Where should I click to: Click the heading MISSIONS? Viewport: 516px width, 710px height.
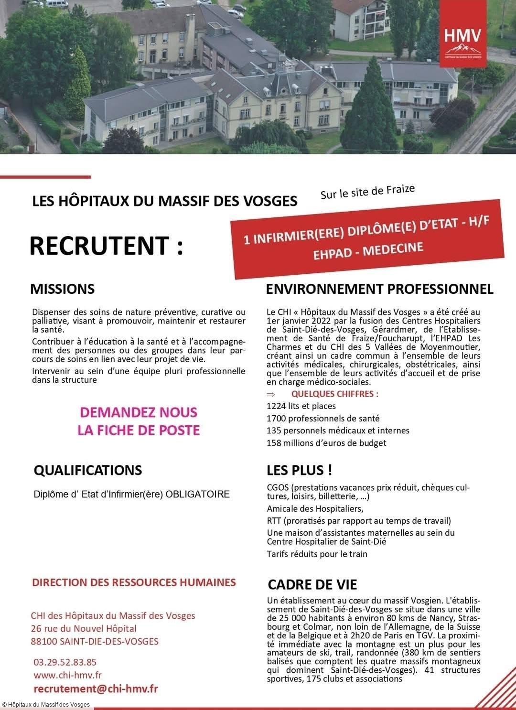(x=62, y=289)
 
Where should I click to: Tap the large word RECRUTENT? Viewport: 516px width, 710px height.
(x=106, y=246)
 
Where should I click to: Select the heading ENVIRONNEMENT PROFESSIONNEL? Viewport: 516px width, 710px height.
(x=379, y=289)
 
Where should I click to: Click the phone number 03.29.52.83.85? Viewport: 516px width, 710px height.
(x=65, y=662)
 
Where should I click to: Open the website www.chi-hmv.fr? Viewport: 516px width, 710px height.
(x=67, y=675)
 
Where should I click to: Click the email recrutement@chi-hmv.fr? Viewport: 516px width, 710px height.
(x=96, y=688)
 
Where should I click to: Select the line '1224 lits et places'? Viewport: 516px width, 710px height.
(x=301, y=406)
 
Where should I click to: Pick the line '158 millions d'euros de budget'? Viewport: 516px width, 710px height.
(x=326, y=443)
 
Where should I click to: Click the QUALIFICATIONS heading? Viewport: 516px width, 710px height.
(x=88, y=470)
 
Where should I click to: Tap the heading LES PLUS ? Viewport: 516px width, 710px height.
(x=299, y=470)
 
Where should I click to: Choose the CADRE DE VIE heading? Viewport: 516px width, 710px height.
(x=312, y=585)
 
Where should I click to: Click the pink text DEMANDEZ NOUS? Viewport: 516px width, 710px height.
(x=139, y=412)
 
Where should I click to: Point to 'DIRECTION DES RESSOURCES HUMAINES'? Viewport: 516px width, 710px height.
(x=134, y=582)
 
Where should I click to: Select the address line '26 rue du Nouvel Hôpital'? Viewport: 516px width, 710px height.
(x=84, y=628)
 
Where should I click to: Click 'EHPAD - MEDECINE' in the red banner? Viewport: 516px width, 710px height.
(x=368, y=250)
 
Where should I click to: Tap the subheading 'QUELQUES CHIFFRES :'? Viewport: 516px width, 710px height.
(x=334, y=394)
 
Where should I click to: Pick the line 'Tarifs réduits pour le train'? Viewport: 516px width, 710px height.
(x=317, y=554)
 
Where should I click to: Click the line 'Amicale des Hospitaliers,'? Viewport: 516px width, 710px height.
(x=315, y=508)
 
